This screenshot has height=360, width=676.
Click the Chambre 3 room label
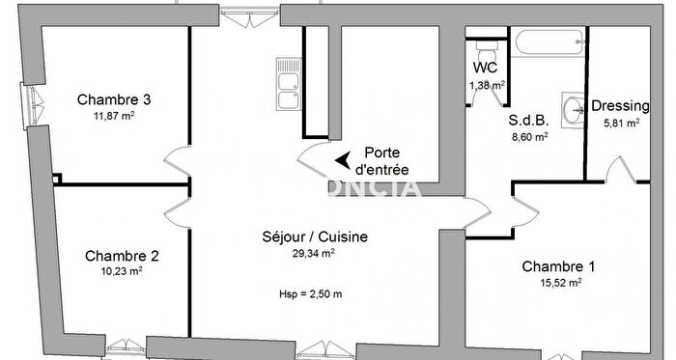click(x=114, y=99)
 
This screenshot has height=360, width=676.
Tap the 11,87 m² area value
click(x=113, y=118)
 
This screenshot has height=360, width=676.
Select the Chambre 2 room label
click(x=122, y=256)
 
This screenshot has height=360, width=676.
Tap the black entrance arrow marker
click(x=342, y=160)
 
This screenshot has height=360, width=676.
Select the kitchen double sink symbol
click(x=288, y=84)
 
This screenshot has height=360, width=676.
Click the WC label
click(x=486, y=69)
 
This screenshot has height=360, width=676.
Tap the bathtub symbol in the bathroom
click(x=548, y=41)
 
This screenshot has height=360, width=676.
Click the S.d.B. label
click(x=528, y=122)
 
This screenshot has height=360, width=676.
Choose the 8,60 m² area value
click(x=529, y=138)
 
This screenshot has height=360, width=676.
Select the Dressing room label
click(x=620, y=106)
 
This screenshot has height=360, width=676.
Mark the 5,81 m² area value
click(x=621, y=124)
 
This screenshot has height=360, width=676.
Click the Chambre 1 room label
click(x=559, y=266)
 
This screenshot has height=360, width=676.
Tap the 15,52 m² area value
click(x=560, y=284)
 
